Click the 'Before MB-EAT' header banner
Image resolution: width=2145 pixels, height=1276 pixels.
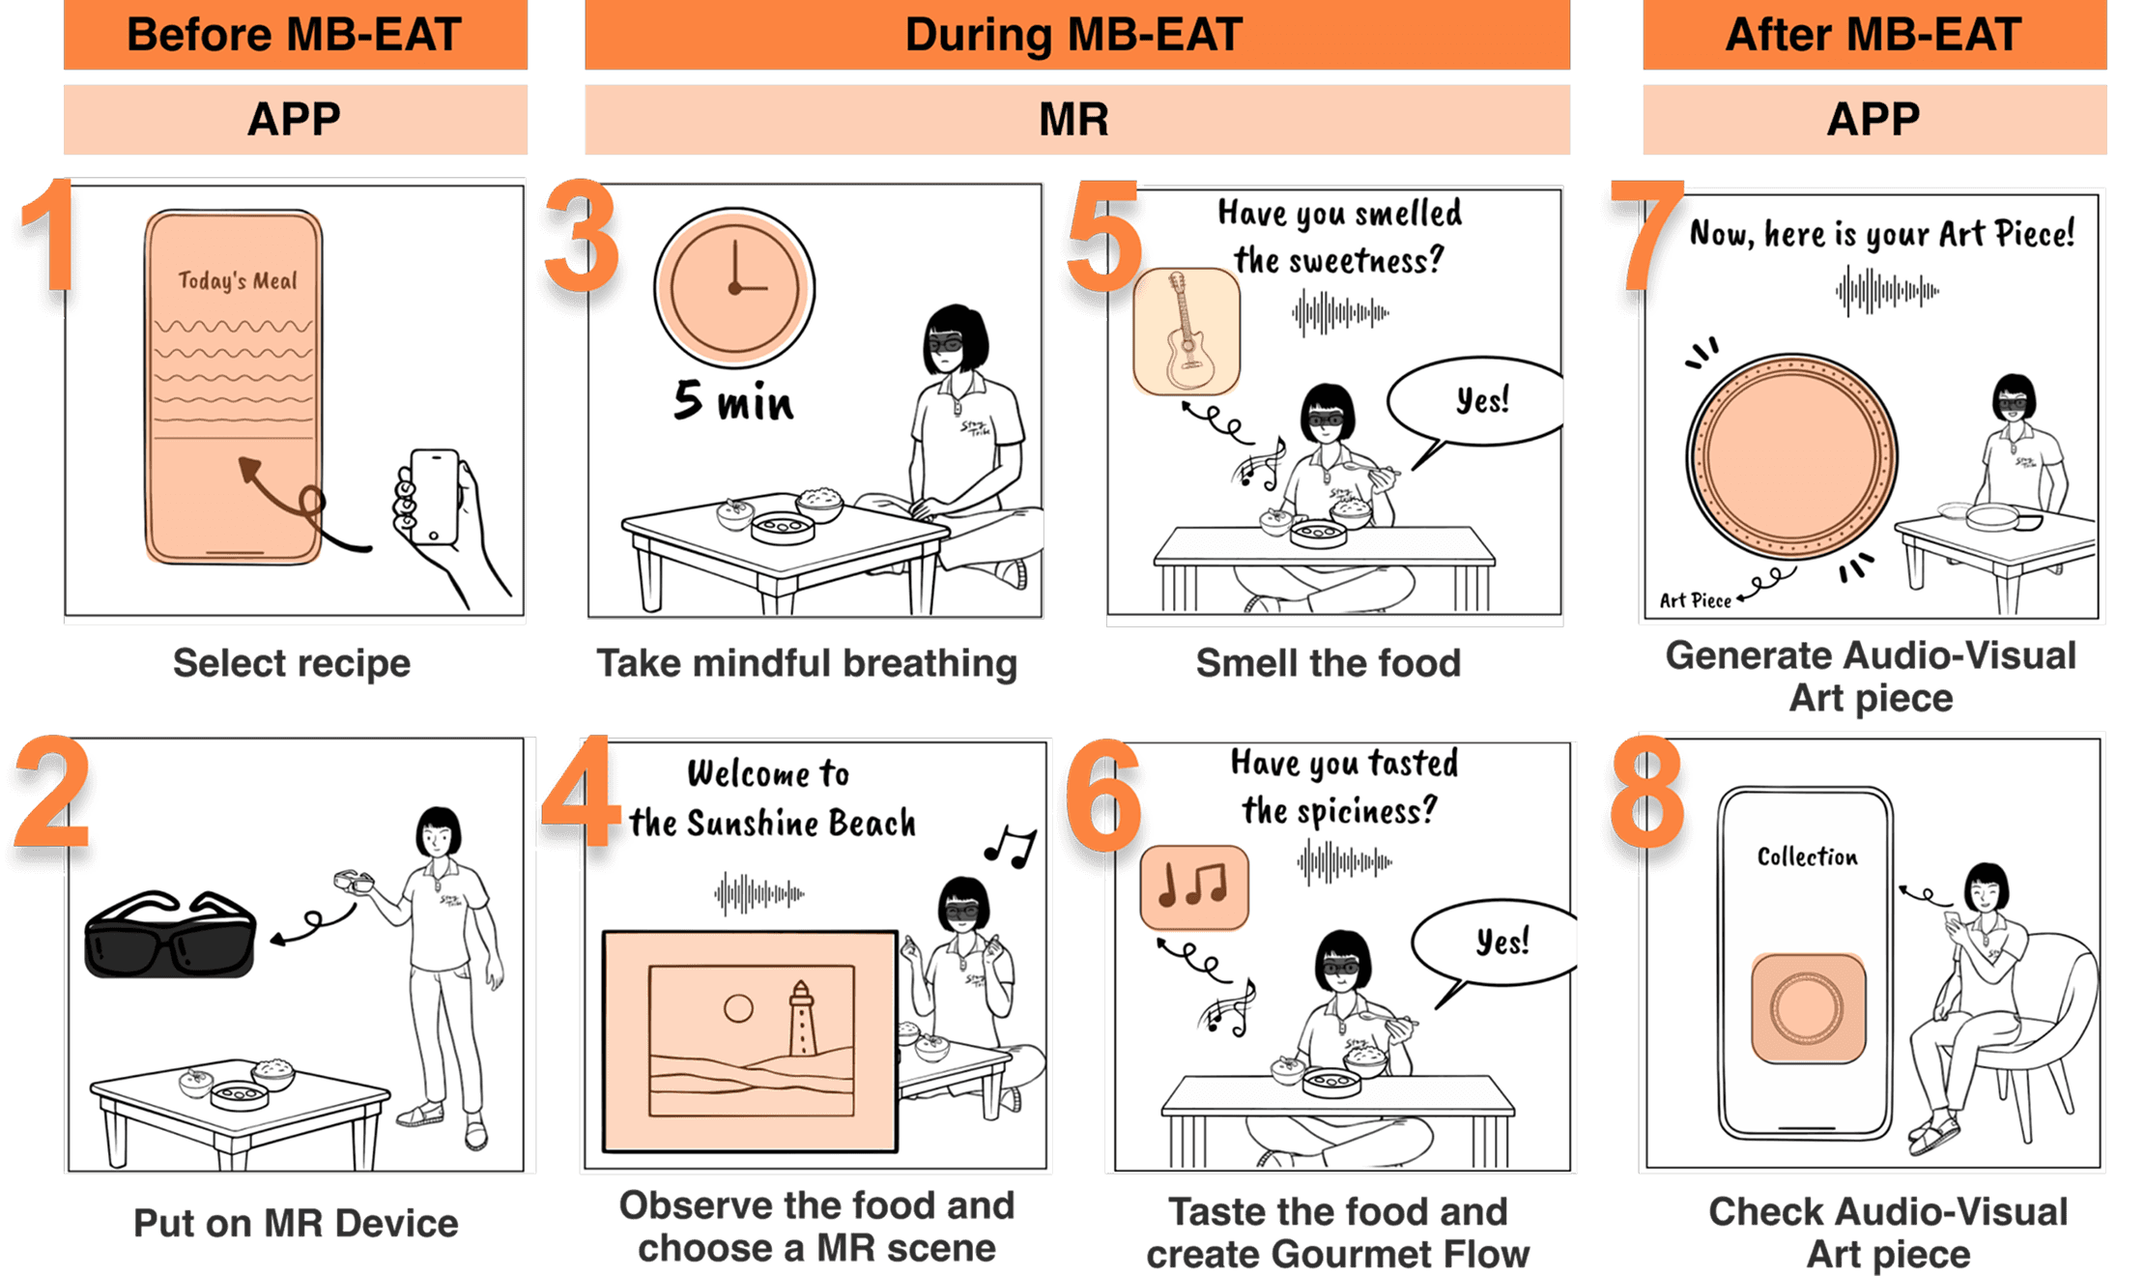tap(295, 35)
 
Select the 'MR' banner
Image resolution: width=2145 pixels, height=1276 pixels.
tap(1075, 120)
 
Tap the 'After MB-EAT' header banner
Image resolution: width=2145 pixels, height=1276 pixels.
tap(1873, 35)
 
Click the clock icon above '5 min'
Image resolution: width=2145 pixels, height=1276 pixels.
tap(734, 287)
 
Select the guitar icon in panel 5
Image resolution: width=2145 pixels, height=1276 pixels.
tap(1187, 333)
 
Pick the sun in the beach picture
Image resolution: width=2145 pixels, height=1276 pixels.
tap(738, 1008)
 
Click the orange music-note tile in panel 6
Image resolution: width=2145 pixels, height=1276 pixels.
tap(1194, 886)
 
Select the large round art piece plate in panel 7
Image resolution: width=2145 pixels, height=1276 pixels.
tap(1791, 456)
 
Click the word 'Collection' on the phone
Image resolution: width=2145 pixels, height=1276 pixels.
tap(1807, 856)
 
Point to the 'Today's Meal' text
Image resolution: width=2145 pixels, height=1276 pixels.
tap(238, 281)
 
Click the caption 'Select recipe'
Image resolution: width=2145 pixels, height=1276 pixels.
tap(292, 664)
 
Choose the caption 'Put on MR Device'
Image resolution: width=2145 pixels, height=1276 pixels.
tap(296, 1224)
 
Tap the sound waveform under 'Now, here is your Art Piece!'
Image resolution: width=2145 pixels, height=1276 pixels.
tap(1887, 290)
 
